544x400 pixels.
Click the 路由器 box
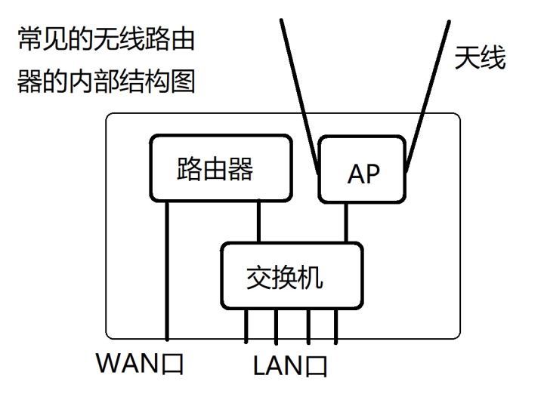pos(220,171)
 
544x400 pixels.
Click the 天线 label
pos(480,58)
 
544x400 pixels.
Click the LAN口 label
pos(291,366)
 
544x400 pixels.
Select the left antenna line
pos(299,91)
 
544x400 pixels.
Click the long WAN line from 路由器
pos(165,272)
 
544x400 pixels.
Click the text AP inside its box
pos(363,174)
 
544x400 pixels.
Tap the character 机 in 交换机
pos(311,277)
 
